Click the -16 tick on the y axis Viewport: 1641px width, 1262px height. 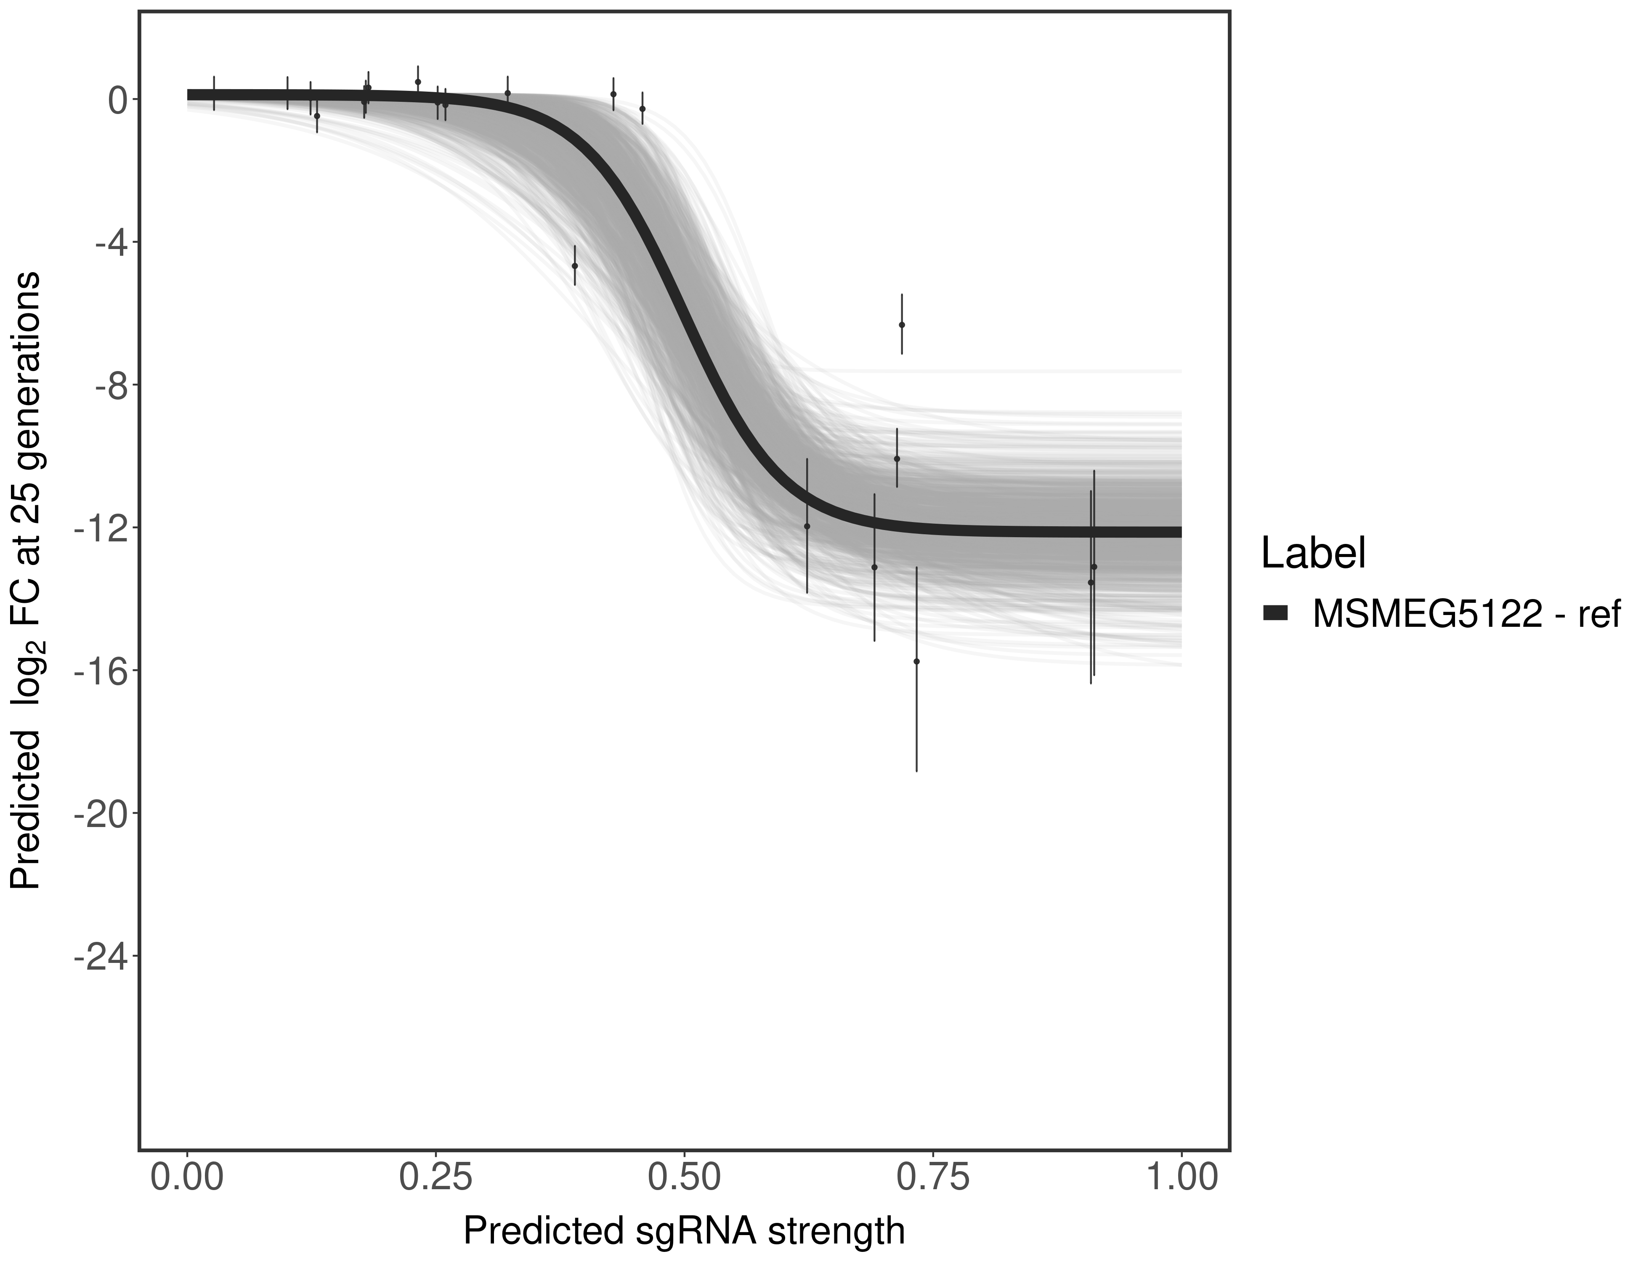coord(98,671)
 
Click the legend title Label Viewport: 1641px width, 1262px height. coord(1313,554)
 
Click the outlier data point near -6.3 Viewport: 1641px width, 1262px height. coord(902,324)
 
